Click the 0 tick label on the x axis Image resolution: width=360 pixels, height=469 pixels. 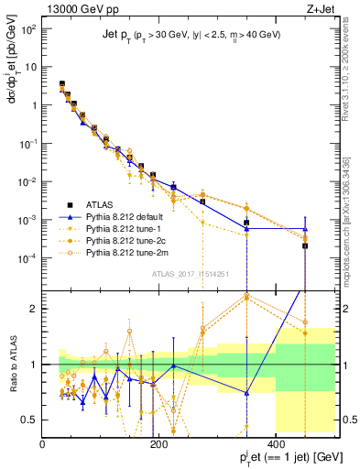42,444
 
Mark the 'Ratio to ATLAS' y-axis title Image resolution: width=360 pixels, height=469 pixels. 12,365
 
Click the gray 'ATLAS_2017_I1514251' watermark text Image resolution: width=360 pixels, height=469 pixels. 191,273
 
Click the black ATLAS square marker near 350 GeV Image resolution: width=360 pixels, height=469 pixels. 246,223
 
